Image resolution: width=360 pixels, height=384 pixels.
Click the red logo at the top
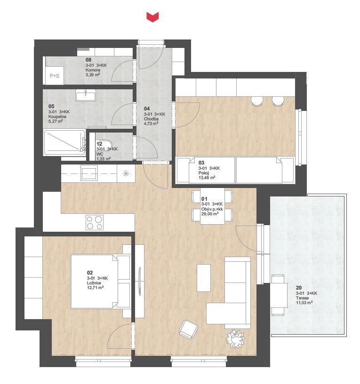(x=152, y=17)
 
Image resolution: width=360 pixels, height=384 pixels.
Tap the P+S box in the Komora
(x=55, y=76)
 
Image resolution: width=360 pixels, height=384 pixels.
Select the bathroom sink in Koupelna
(x=86, y=95)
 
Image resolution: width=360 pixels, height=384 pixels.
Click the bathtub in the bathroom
(x=64, y=142)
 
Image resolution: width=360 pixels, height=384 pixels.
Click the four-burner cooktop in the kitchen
(x=95, y=222)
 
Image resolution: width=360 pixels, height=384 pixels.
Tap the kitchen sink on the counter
(x=89, y=172)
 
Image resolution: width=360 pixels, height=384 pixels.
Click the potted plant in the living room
(x=235, y=339)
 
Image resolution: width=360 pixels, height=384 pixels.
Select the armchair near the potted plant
(x=188, y=329)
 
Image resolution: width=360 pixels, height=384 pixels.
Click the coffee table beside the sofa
(x=204, y=278)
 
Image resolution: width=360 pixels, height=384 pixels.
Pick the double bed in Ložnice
(x=100, y=282)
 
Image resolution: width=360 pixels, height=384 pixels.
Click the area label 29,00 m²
(x=210, y=213)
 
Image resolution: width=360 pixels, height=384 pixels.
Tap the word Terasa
(x=302, y=298)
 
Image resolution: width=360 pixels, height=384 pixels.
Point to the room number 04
(x=147, y=109)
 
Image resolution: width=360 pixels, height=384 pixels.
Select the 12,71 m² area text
(x=95, y=288)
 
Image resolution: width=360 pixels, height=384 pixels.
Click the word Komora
(x=93, y=70)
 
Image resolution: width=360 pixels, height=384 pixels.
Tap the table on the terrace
(x=279, y=295)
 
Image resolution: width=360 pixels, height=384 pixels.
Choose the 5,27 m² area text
(x=56, y=121)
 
